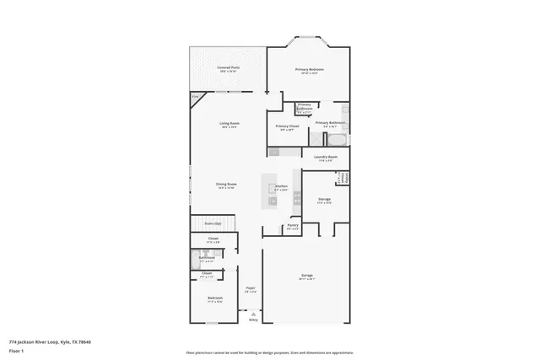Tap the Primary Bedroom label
tap(309, 70)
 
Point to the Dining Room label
tap(225, 185)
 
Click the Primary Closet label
tap(287, 127)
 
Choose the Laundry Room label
tap(326, 158)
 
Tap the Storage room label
tap(324, 201)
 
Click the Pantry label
tap(293, 226)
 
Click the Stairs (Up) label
tap(213, 223)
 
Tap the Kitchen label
tap(281, 187)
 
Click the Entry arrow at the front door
tap(253, 319)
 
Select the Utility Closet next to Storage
tap(343, 178)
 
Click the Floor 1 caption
tap(18, 350)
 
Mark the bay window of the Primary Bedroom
tap(309, 40)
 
